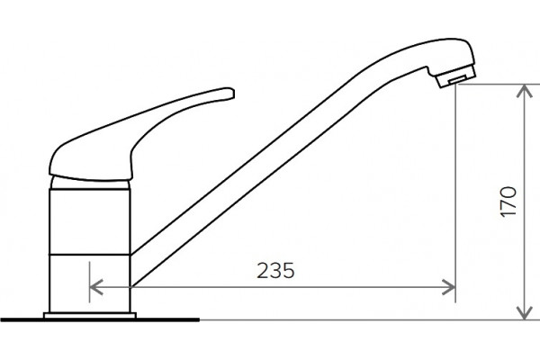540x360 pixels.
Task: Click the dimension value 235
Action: [276, 270]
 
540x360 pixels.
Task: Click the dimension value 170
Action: [508, 202]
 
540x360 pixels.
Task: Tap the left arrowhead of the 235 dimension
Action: [96, 287]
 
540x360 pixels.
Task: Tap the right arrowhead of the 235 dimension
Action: [448, 287]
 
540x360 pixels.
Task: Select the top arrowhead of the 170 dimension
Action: [524, 91]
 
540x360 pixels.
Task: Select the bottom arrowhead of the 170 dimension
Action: [524, 312]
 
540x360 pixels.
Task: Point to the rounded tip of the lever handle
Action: [230, 93]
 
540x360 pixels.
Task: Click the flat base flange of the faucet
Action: [90, 316]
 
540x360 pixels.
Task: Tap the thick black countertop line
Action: [100, 320]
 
